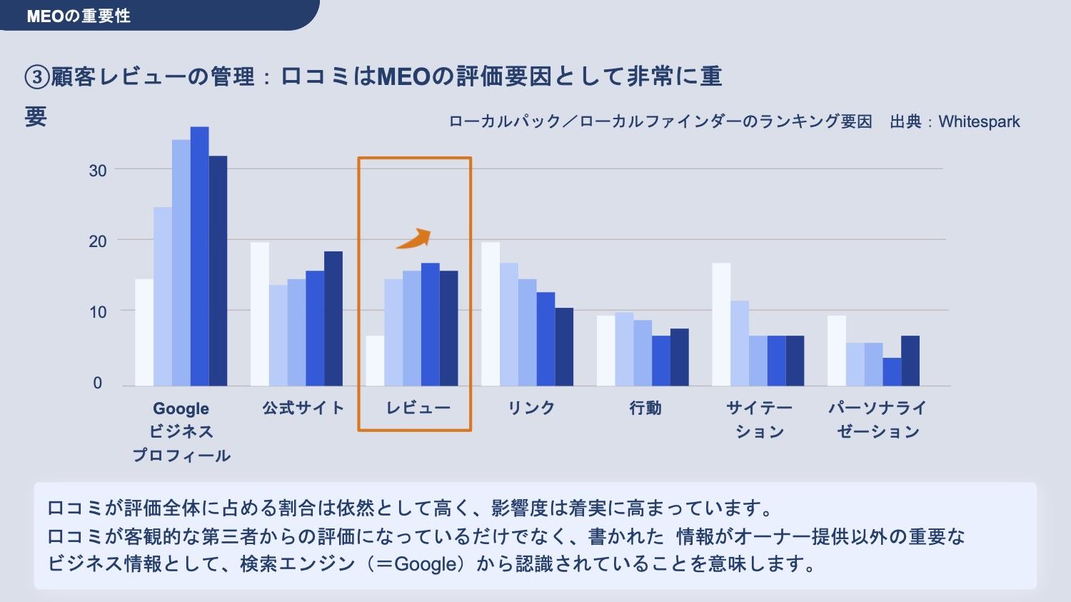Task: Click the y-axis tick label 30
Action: click(x=98, y=171)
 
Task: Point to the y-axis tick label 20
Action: click(x=98, y=241)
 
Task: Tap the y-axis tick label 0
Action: click(x=98, y=383)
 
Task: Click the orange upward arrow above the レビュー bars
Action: click(x=414, y=239)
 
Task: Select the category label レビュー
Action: click(x=418, y=408)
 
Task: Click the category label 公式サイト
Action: click(x=303, y=408)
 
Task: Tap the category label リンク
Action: click(x=531, y=408)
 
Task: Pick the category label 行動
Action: click(x=645, y=408)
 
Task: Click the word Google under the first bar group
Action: click(x=181, y=409)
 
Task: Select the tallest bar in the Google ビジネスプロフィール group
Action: click(x=199, y=257)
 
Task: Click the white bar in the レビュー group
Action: click(x=375, y=361)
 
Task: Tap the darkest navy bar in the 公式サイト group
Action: click(x=333, y=318)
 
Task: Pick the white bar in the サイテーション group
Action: click(x=721, y=325)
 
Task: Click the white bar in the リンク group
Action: click(x=491, y=314)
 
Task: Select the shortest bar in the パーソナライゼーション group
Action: click(x=892, y=371)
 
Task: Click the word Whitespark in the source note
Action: click(x=979, y=122)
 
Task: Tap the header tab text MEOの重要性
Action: click(x=79, y=16)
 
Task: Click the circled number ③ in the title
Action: click(x=36, y=77)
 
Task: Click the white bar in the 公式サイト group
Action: click(x=260, y=314)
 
